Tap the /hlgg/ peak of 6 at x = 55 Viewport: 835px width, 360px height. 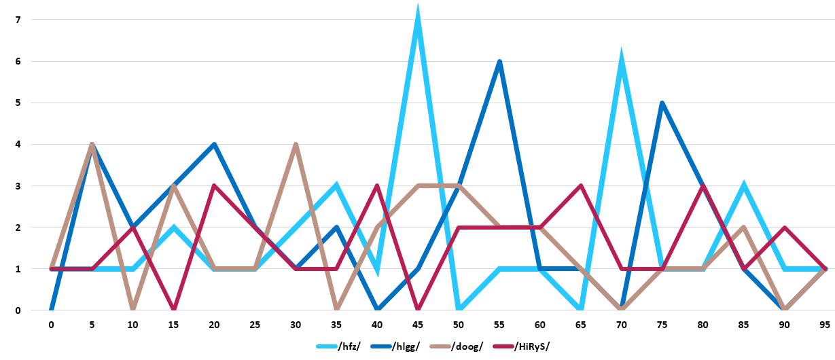tap(499, 62)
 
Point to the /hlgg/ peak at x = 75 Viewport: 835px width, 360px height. tap(662, 103)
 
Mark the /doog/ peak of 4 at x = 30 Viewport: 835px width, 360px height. tap(296, 145)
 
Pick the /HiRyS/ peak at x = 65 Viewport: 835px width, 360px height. tap(581, 186)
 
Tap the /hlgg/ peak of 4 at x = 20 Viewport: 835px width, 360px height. tap(214, 145)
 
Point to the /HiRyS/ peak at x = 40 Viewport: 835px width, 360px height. tap(377, 186)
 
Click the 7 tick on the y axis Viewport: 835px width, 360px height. tap(18, 20)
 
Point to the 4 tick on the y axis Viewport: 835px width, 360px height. tap(18, 145)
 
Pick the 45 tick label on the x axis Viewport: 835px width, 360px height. tap(418, 325)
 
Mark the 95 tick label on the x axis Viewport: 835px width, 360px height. tap(825, 325)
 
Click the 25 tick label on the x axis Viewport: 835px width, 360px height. tap(255, 325)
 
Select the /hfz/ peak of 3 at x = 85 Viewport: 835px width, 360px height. tap(744, 186)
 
